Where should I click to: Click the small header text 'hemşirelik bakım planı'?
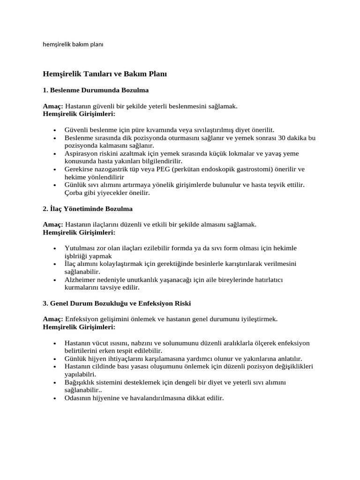tap(73, 45)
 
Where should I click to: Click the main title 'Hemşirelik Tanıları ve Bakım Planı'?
tap(105, 74)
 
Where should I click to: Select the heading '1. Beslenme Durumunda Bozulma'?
tap(96, 90)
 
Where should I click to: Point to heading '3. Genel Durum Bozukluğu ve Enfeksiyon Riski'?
tap(117, 303)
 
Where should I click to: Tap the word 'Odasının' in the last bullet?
tap(78, 398)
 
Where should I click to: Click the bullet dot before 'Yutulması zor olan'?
tap(55, 248)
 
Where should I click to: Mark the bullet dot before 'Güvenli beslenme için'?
tap(55, 130)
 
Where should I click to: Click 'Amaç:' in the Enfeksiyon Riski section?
tap(53, 319)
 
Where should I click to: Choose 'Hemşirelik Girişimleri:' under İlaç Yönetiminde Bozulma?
tap(79, 232)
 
